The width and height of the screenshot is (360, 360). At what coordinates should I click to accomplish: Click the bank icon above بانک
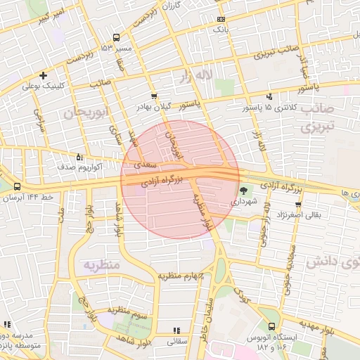[221, 20]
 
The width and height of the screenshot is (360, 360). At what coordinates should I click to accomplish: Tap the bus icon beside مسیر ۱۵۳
[116, 37]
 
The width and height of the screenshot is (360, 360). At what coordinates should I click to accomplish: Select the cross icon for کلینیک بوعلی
[44, 75]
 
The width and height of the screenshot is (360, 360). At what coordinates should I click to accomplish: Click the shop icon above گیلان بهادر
[154, 96]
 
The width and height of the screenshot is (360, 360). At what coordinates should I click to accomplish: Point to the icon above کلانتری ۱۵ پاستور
[269, 96]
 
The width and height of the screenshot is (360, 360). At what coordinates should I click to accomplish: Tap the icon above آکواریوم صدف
[78, 157]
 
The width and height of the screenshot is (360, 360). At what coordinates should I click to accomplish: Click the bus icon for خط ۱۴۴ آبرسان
[17, 186]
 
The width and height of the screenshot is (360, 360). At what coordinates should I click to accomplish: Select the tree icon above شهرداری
[243, 191]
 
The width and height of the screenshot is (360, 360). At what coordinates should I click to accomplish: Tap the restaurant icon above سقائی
[176, 330]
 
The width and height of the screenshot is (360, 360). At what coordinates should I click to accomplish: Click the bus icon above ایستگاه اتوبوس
[272, 327]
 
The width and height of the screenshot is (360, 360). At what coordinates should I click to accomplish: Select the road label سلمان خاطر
[209, 322]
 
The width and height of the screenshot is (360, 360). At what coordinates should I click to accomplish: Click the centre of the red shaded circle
[180, 179]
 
